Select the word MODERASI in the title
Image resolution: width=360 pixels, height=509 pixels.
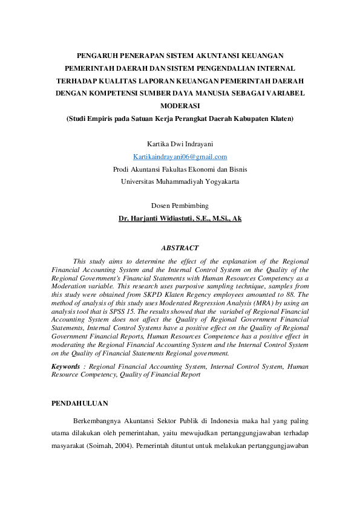tap(180, 106)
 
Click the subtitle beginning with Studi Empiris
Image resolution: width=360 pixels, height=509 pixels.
tap(180, 118)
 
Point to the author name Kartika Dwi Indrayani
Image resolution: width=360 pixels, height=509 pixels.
tap(180, 144)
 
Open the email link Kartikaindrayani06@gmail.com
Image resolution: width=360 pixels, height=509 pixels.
tap(180, 157)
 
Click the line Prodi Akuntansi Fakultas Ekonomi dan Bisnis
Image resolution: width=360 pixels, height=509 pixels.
tap(180, 169)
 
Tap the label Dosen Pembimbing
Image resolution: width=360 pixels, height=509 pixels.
tap(180, 206)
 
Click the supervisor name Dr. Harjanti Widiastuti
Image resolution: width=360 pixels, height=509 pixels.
tap(180, 218)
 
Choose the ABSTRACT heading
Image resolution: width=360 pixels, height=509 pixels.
tap(180, 248)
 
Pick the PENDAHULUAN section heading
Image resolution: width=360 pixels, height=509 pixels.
tap(80, 403)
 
